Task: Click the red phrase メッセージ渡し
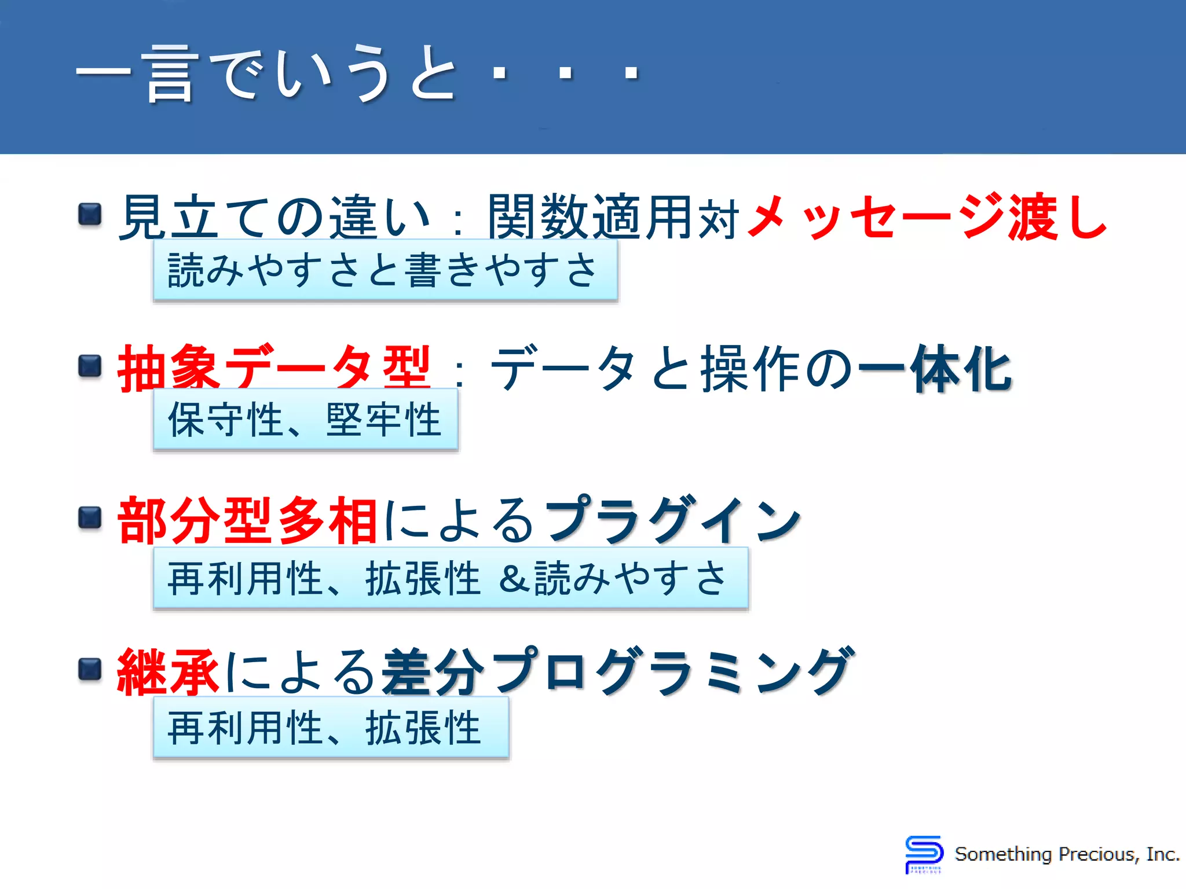click(927, 216)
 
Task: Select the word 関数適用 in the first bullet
click(591, 217)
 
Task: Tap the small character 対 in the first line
click(719, 219)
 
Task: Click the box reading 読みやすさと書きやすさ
click(385, 270)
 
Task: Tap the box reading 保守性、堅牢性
click(305, 420)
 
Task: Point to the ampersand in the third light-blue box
click(515, 578)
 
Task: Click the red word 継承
click(168, 671)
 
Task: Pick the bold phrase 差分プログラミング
click(617, 671)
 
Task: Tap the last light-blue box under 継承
click(331, 728)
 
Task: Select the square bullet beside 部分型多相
click(90, 517)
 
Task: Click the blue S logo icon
click(924, 853)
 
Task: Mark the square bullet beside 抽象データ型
click(90, 366)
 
